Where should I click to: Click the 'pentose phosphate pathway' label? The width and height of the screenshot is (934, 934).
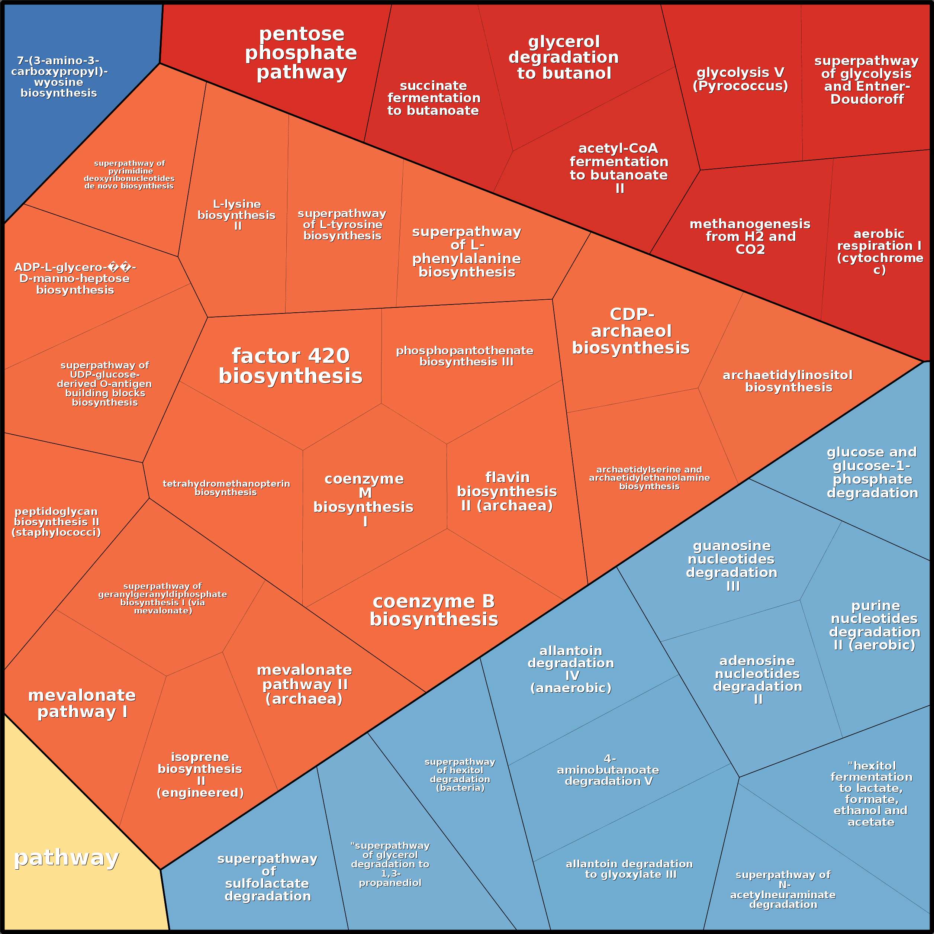pos(301,53)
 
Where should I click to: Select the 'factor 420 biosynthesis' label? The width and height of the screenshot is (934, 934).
pos(290,366)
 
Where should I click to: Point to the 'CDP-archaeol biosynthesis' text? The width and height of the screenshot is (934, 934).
pos(631,331)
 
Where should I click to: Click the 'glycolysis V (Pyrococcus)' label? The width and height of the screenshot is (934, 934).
pos(740,79)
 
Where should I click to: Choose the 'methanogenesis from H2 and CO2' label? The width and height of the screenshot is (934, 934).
pos(750,236)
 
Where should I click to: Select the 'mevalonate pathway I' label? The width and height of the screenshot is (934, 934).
pos(82,703)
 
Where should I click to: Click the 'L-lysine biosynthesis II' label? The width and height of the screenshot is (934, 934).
pos(236,215)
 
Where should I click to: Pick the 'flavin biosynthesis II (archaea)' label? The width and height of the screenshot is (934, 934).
pos(507,492)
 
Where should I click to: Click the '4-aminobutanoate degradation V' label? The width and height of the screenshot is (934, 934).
pos(608,770)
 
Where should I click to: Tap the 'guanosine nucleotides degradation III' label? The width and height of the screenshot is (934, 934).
pos(732,566)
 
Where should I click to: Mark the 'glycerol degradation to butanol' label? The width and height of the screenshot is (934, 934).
pos(564,58)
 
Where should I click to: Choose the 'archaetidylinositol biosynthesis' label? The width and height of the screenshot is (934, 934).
pos(788,381)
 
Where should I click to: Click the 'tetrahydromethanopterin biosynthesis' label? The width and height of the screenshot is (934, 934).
pos(226,488)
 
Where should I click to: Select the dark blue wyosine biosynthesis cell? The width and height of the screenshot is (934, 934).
pos(59,77)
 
